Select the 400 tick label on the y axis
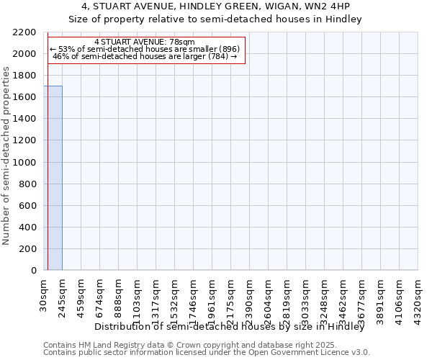coord(29,228)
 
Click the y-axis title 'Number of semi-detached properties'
coord(6,156)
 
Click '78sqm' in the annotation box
coord(181,42)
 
